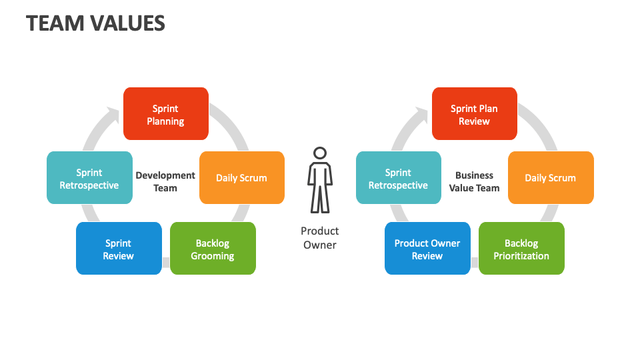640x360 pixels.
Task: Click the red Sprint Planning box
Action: click(x=166, y=114)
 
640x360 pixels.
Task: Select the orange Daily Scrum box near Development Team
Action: click(x=241, y=178)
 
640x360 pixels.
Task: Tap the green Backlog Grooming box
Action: click(x=213, y=249)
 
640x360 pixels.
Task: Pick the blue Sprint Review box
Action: click(x=119, y=249)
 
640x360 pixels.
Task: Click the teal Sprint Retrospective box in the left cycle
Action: click(x=89, y=178)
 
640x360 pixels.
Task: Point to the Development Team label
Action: click(x=165, y=181)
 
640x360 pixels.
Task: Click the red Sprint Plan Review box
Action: click(x=474, y=114)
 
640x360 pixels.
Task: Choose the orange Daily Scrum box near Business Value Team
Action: click(x=550, y=178)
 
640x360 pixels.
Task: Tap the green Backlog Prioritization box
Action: click(x=521, y=249)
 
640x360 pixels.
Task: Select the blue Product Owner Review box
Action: click(x=427, y=249)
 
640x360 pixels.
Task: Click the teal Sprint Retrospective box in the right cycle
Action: click(x=398, y=178)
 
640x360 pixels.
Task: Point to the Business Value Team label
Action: click(x=474, y=181)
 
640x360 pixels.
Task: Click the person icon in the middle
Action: click(x=320, y=180)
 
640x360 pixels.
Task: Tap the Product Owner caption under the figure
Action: click(x=320, y=238)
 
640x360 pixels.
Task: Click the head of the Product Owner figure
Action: click(x=320, y=153)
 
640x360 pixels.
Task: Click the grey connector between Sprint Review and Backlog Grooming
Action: click(x=166, y=262)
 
